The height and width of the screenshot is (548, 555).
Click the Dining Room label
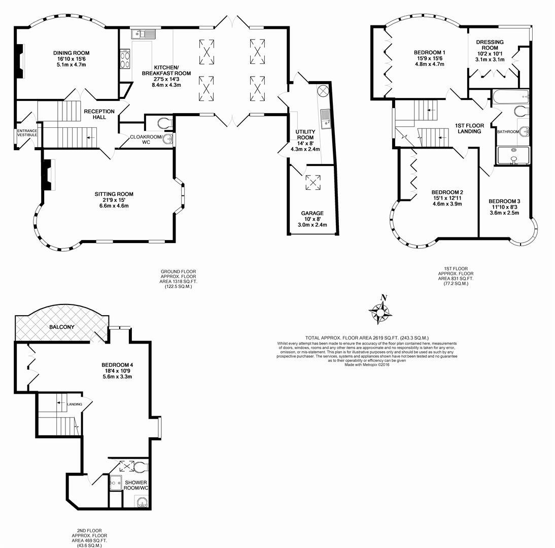[71, 53]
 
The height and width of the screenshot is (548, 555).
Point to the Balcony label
[62, 327]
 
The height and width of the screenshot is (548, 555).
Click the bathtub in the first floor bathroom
[510, 96]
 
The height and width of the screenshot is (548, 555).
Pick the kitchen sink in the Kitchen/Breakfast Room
[144, 34]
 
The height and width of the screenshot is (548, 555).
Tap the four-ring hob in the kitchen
[125, 60]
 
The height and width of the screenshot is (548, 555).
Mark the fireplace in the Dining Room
[19, 61]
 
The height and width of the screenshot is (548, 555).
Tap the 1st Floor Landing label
[469, 128]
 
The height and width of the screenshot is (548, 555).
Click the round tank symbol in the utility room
[323, 92]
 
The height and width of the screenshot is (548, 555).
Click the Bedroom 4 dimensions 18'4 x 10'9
[117, 371]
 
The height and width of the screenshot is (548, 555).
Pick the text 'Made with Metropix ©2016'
[367, 365]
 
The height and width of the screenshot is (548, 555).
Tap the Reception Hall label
[99, 114]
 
